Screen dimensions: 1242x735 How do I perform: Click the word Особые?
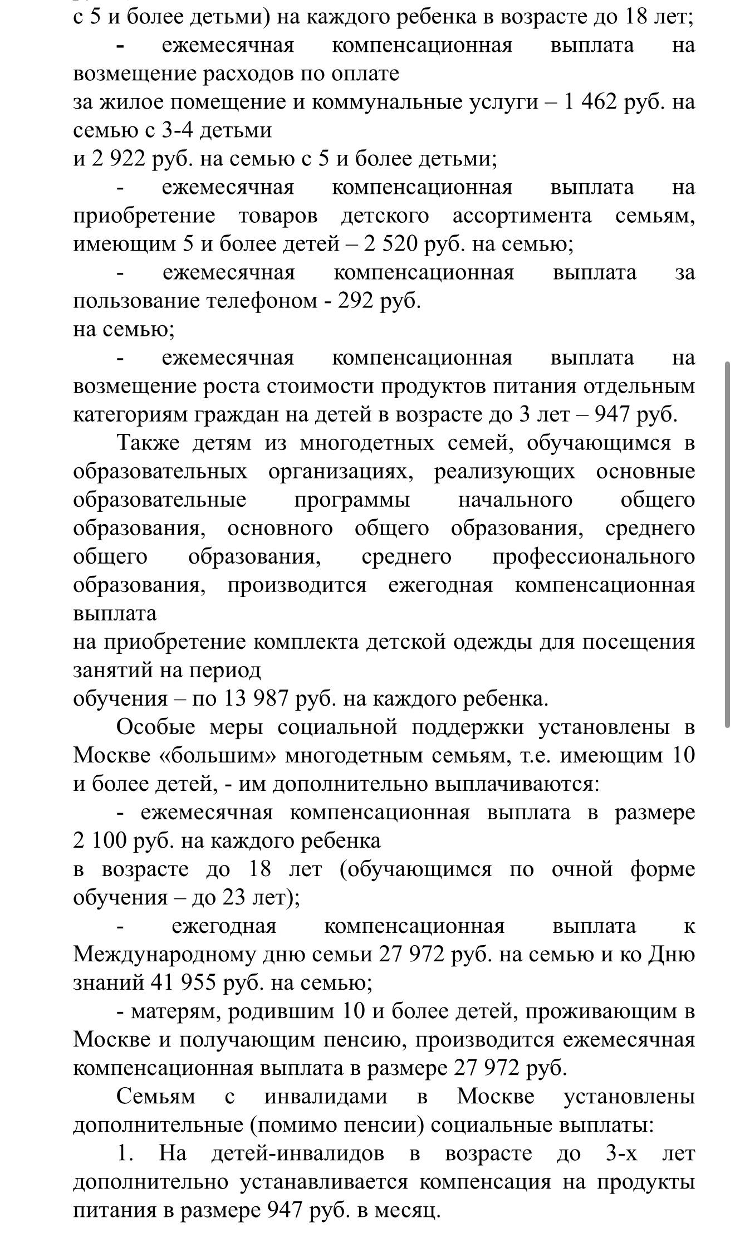pos(156,727)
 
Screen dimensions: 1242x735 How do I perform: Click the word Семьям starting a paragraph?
pos(156,1096)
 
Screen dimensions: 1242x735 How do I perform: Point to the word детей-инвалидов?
pos(297,1153)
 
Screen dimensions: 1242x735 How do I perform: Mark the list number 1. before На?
pos(125,1153)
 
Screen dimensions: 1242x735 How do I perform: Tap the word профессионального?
pos(594,557)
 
